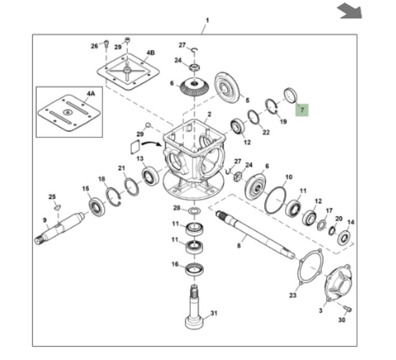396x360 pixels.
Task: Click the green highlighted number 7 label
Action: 302,110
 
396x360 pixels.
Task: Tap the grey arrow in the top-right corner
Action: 349,11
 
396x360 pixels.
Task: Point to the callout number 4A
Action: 91,94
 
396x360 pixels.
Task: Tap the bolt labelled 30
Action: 348,309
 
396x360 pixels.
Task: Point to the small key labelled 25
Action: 57,207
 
